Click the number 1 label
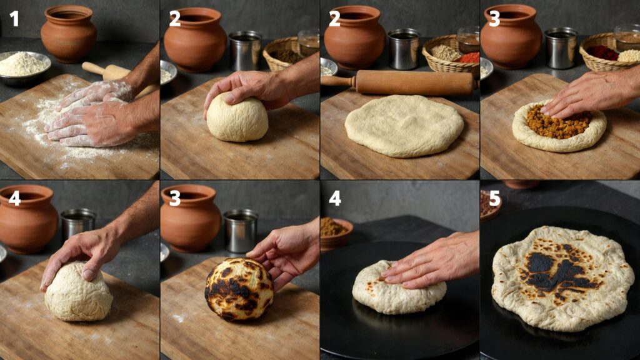(14, 18)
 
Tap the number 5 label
(494, 198)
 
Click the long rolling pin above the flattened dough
(400, 82)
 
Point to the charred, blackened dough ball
(239, 289)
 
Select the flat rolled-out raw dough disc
(404, 125)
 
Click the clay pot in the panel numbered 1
(69, 34)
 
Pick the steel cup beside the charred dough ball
(241, 231)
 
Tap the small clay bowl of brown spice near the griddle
(336, 234)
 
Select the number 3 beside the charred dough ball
(175, 198)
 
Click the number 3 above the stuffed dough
(494, 18)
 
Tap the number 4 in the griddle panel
(335, 198)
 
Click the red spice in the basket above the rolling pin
(469, 58)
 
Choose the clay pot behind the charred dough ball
(191, 218)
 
